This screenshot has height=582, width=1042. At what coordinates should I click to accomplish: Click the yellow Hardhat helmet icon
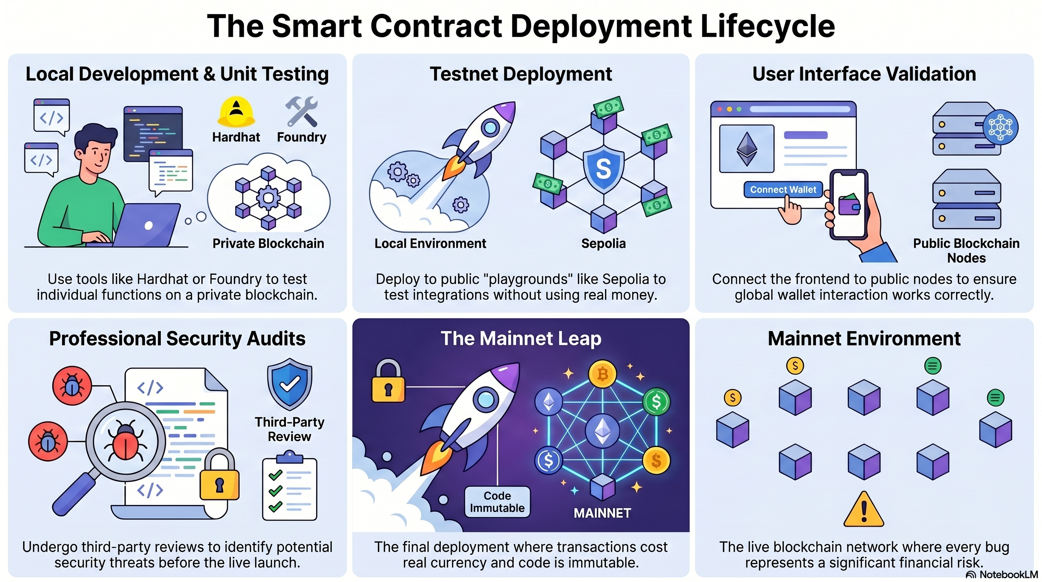[236, 112]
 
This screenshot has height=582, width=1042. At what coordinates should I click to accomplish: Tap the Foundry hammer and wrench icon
[301, 112]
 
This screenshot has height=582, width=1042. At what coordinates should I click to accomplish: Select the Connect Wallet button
[783, 189]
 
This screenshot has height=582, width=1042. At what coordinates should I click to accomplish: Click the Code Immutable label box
[497, 502]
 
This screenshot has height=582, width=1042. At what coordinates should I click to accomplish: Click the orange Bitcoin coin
[602, 374]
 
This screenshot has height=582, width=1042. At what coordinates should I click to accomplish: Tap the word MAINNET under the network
[602, 513]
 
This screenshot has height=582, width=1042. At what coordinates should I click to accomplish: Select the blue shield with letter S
[604, 169]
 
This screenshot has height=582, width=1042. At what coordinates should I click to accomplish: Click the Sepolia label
[604, 243]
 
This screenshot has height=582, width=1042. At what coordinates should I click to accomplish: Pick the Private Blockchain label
[268, 243]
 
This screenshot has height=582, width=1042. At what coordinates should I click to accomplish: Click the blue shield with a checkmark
[290, 385]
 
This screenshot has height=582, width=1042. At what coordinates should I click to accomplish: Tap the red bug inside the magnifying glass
[125, 440]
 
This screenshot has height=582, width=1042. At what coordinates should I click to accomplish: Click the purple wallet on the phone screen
[849, 204]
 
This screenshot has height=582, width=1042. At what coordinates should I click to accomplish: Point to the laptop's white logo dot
[148, 225]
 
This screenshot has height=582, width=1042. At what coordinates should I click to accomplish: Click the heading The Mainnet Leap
[521, 338]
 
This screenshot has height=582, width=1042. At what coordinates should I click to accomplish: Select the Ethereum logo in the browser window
[747, 149]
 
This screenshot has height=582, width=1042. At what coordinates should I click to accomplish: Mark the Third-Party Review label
[290, 429]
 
